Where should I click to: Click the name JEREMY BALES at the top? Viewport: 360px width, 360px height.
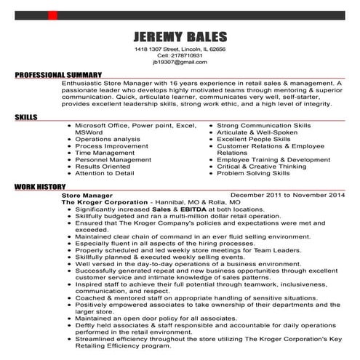coord(180,37)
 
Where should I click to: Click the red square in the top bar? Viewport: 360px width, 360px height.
coord(52,15)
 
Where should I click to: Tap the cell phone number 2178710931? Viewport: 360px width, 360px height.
coord(180,55)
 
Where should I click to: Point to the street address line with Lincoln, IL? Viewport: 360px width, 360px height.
coord(180,48)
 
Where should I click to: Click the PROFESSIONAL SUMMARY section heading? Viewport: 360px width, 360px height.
coord(57,76)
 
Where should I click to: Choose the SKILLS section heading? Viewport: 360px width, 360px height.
coord(25,116)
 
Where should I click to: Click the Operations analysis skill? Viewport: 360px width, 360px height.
coord(108,139)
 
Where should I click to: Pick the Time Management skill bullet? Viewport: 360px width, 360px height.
coord(105,153)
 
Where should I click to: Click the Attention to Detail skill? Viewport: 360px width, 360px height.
coord(105,173)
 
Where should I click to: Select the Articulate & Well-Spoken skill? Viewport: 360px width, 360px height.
coord(257,132)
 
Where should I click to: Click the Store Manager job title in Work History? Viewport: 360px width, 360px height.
coord(87,196)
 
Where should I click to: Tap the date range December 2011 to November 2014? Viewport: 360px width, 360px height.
coord(286,196)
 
